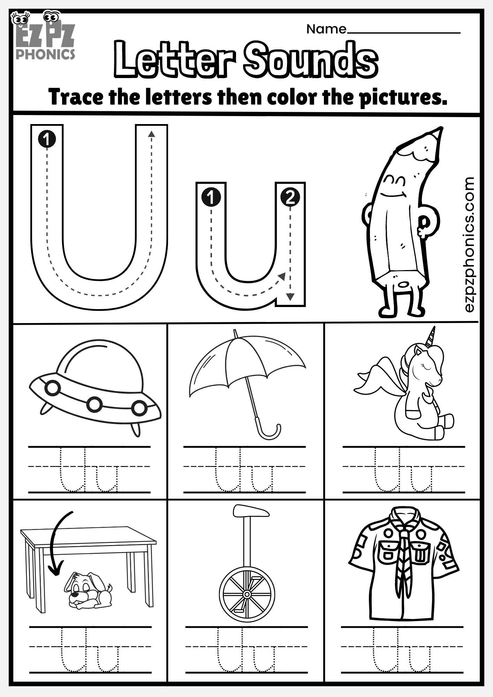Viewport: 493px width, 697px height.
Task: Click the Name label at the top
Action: pyautogui.click(x=326, y=29)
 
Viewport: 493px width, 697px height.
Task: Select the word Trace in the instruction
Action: pyautogui.click(x=76, y=97)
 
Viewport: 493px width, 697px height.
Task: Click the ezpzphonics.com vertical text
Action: pyautogui.click(x=469, y=244)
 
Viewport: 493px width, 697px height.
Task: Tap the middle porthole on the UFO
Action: pyautogui.click(x=94, y=404)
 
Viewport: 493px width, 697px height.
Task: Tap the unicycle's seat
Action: pyautogui.click(x=251, y=511)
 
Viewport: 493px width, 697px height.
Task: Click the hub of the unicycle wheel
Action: pyautogui.click(x=247, y=593)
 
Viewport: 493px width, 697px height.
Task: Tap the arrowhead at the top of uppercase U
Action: pyautogui.click(x=151, y=134)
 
